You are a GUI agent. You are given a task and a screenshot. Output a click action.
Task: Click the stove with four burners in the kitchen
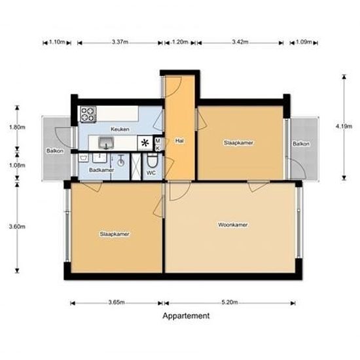click(87, 115)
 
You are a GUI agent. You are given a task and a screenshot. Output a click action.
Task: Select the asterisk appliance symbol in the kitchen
click(144, 143)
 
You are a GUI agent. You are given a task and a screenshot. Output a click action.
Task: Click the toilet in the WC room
click(152, 162)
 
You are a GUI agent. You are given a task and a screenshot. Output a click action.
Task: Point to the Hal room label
click(179, 140)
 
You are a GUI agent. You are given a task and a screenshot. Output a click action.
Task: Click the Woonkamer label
click(232, 225)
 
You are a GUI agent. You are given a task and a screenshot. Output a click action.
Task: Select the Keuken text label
click(119, 129)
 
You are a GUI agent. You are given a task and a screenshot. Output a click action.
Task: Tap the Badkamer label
click(101, 170)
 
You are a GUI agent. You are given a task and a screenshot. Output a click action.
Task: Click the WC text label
click(150, 173)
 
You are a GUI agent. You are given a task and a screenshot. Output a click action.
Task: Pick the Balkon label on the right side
click(301, 143)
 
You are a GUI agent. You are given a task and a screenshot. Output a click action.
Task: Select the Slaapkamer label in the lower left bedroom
click(114, 234)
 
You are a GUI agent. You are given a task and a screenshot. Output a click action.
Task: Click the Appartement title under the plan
click(186, 315)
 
